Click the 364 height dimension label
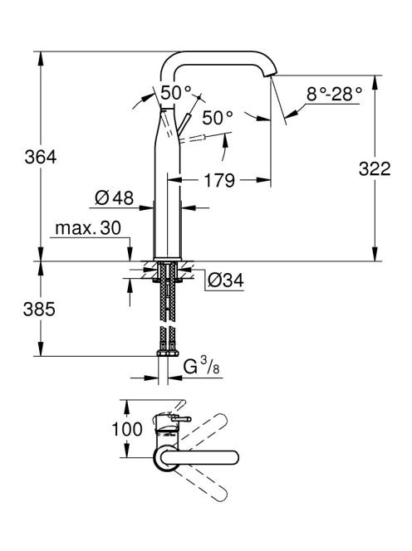click(41, 157)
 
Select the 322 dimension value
click(375, 169)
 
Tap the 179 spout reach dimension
click(218, 180)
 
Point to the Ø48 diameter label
click(115, 198)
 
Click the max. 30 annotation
click(88, 228)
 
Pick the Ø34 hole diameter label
click(226, 280)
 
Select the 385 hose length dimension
click(39, 310)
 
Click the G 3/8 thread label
click(202, 367)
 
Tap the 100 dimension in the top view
click(127, 429)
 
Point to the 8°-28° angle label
click(334, 94)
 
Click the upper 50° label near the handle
click(176, 93)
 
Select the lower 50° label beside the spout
click(218, 118)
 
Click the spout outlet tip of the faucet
click(270, 74)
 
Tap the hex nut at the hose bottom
click(168, 353)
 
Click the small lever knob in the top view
click(181, 419)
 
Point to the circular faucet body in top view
click(166, 458)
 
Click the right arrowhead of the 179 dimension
click(263, 180)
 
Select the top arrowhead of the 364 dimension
click(41, 59)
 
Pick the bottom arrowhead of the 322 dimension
click(375, 254)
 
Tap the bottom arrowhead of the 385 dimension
click(41, 349)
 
